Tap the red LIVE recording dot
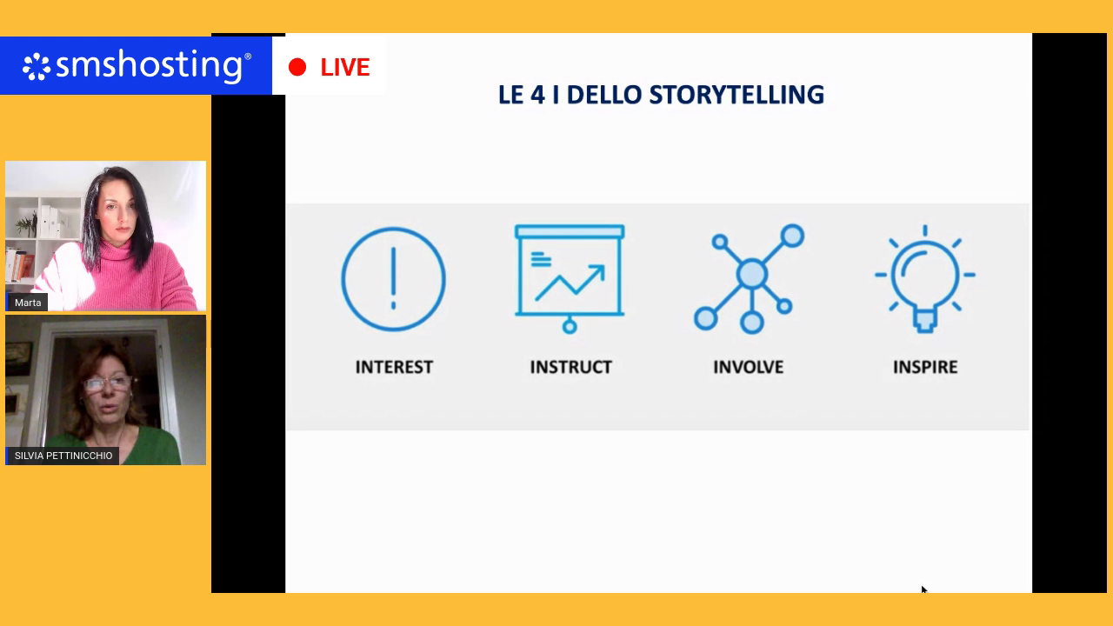click(297, 67)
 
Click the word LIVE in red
click(345, 67)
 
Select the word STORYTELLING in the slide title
click(736, 95)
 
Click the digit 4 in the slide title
click(537, 95)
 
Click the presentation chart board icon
click(570, 278)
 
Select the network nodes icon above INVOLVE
click(750, 279)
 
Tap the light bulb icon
click(924, 279)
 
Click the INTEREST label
click(394, 367)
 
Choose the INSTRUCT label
click(571, 367)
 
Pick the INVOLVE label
click(749, 367)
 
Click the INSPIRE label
click(925, 367)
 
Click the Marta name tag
click(28, 303)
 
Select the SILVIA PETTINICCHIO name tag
click(63, 456)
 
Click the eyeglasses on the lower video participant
click(107, 383)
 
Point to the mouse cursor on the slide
click(923, 589)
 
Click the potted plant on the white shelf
click(28, 224)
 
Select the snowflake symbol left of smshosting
click(37, 67)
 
